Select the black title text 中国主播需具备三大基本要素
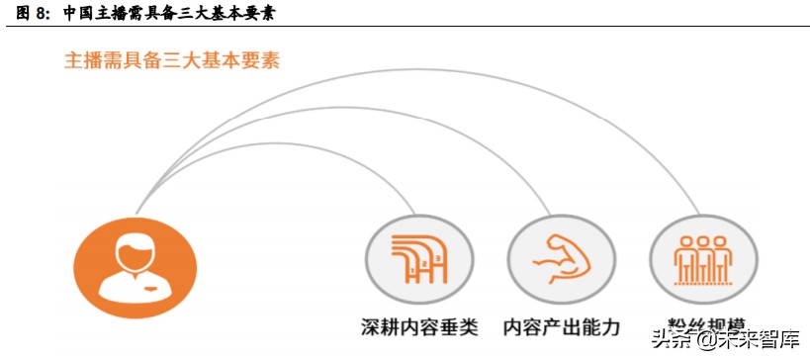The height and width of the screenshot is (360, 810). (168, 13)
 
